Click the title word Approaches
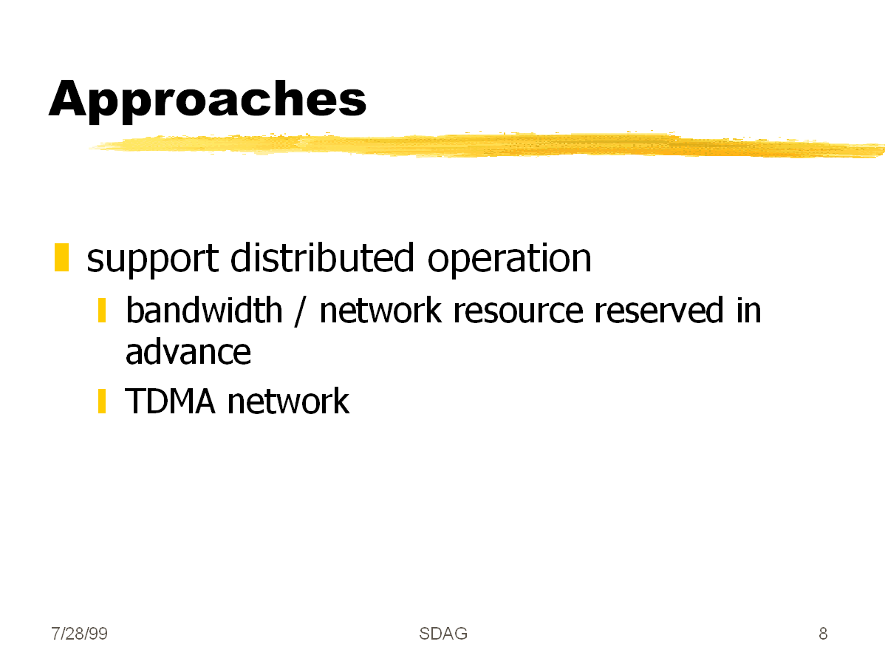pyautogui.click(x=208, y=100)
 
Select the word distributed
pyautogui.click(x=322, y=257)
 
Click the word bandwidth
pyautogui.click(x=204, y=311)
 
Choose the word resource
pyautogui.click(x=518, y=311)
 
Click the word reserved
pyautogui.click(x=659, y=311)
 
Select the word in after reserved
pyautogui.click(x=748, y=311)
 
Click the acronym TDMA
pyautogui.click(x=170, y=402)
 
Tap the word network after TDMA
pyautogui.click(x=288, y=402)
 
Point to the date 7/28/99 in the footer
pyautogui.click(x=79, y=634)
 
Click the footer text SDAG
pyautogui.click(x=443, y=634)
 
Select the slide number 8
pyautogui.click(x=823, y=634)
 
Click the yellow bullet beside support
pyautogui.click(x=61, y=258)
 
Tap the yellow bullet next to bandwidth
pyautogui.click(x=102, y=311)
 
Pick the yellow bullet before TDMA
pyautogui.click(x=102, y=402)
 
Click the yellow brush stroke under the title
pyautogui.click(x=487, y=145)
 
